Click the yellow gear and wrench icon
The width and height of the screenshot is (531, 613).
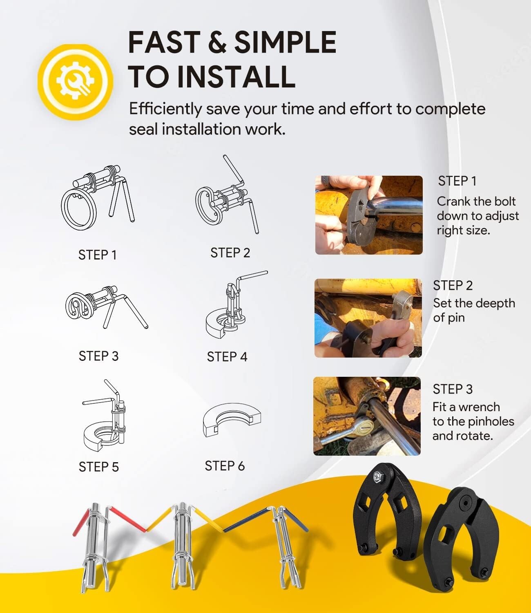tap(75, 81)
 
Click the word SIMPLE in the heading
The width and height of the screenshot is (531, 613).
tap(285, 42)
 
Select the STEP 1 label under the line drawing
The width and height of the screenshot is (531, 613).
tap(98, 255)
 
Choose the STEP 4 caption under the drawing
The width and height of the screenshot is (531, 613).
tap(227, 357)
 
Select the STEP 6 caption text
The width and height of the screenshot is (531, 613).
tap(225, 466)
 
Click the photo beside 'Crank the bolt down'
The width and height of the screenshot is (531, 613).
tap(369, 215)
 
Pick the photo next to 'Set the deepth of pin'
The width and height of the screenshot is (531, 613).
tap(368, 318)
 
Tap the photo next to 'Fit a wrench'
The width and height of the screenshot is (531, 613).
tap(367, 416)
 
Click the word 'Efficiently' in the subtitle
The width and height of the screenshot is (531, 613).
tap(165, 109)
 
